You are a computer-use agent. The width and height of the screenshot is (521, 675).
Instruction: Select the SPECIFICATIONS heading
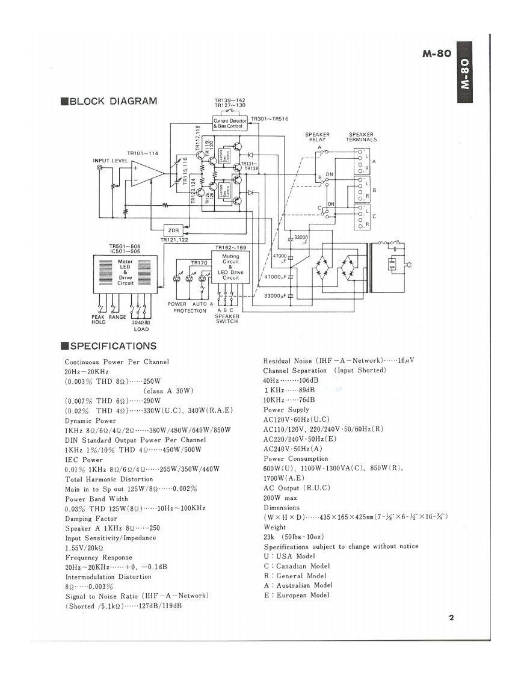click(108, 346)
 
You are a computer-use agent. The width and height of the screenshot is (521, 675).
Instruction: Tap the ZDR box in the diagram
click(173, 230)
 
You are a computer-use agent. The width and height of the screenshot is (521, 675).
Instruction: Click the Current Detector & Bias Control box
click(230, 123)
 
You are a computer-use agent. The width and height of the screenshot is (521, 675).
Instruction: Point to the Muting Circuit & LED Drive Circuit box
click(230, 267)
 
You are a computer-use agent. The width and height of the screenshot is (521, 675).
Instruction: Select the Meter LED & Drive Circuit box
click(125, 273)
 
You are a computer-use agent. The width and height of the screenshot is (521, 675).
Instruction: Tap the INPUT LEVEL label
click(110, 161)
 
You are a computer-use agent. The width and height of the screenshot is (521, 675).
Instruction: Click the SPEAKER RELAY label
click(317, 137)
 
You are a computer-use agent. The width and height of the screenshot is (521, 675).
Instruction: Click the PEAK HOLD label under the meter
click(98, 319)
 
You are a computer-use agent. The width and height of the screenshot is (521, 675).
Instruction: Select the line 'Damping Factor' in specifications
click(91, 519)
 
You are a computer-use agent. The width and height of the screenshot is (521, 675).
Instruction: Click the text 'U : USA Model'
click(289, 556)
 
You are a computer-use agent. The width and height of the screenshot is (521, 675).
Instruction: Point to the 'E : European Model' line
click(297, 595)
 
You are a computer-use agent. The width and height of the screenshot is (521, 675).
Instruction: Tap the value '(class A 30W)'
click(168, 391)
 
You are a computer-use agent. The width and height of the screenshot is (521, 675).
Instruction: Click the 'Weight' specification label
click(276, 527)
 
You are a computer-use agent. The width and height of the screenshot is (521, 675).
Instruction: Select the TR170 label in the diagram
click(199, 263)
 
